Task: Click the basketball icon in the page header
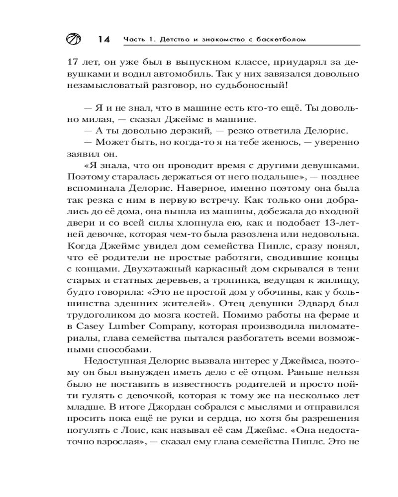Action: [x=73, y=39]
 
